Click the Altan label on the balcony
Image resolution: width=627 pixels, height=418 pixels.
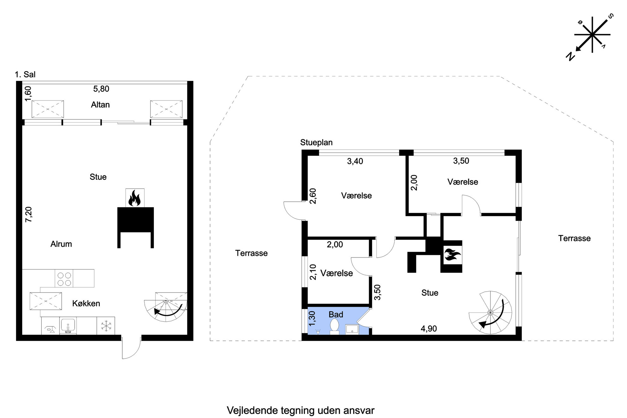(x=100, y=105)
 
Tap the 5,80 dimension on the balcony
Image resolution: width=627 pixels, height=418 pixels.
(x=101, y=89)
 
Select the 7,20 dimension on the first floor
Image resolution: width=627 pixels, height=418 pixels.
(x=28, y=214)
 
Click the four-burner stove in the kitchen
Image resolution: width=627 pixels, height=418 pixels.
(x=64, y=278)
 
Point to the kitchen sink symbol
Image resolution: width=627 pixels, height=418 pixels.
(x=68, y=326)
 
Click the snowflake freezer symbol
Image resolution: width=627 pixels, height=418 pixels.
(x=106, y=326)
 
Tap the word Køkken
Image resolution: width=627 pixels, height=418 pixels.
(x=86, y=303)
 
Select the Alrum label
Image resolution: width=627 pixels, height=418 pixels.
(x=61, y=244)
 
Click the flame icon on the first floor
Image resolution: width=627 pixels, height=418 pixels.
(x=134, y=198)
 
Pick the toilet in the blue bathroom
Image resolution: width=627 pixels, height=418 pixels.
(x=334, y=326)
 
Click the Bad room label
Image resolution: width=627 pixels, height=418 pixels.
(x=336, y=314)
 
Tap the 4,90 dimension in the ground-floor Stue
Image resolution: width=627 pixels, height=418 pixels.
(x=429, y=329)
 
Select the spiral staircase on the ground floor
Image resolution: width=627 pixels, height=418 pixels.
(x=490, y=312)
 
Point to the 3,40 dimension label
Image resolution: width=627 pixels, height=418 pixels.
(x=355, y=161)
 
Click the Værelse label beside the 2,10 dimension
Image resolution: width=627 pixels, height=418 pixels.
(x=337, y=273)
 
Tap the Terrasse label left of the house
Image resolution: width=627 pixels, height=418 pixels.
(x=251, y=253)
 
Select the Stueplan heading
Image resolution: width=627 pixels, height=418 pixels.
(x=316, y=142)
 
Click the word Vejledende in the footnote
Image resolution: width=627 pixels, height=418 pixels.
(x=252, y=410)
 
